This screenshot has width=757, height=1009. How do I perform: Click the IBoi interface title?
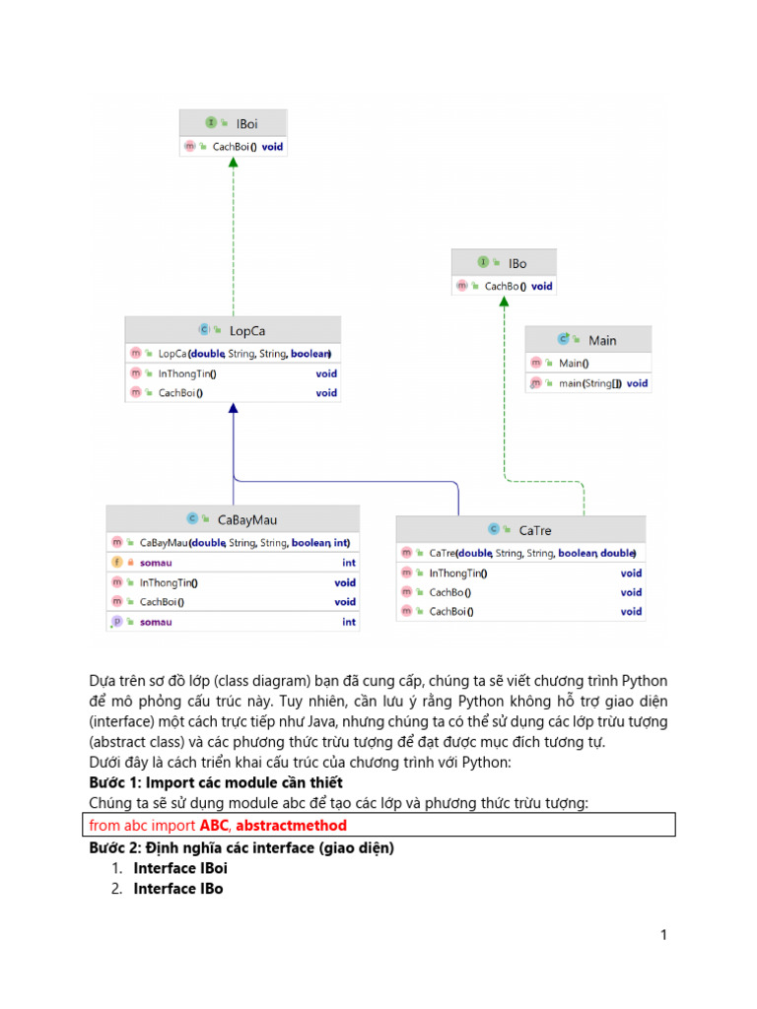[x=245, y=123]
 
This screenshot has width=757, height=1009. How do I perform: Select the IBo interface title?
[x=516, y=263]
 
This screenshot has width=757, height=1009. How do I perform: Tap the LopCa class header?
[x=245, y=331]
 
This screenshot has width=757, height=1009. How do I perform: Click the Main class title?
[x=601, y=340]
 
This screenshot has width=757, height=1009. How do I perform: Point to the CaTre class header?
[x=534, y=530]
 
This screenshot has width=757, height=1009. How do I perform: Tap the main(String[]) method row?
[x=589, y=383]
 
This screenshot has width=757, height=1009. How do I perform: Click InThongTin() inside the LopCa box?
[x=187, y=373]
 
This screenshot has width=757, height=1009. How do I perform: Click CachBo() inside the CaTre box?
[x=449, y=592]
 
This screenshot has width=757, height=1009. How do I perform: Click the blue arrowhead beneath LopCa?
[x=233, y=407]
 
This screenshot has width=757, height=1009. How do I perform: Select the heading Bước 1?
[x=216, y=782]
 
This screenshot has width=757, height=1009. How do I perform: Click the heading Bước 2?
[x=241, y=847]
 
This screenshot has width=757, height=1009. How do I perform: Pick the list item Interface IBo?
[x=178, y=889]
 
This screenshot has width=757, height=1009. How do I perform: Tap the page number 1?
[x=664, y=935]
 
